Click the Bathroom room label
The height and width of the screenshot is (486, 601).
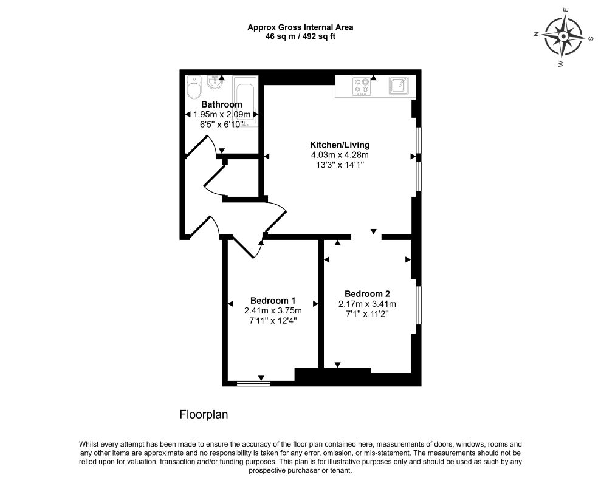coord(222,104)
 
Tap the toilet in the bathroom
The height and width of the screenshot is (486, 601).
coord(194,87)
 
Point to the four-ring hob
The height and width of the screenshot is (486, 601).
coord(362,86)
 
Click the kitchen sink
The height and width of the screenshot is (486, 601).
coord(399,85)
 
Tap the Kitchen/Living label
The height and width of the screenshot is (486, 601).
coord(340,145)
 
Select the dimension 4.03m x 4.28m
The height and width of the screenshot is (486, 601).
coord(340,155)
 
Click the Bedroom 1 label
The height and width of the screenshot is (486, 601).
coord(272,301)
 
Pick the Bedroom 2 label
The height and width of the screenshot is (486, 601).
coord(367,294)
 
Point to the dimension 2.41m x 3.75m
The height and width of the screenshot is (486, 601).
coord(272,310)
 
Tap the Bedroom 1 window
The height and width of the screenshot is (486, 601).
coord(253,383)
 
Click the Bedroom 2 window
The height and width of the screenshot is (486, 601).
coord(419,305)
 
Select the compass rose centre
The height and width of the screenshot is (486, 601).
coord(563,37)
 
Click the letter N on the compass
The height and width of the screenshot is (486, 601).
coord(537,34)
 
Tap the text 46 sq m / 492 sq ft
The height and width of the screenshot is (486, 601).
coord(300,37)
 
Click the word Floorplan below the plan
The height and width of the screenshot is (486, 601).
coord(204,415)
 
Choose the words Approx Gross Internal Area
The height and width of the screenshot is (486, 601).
coord(300,27)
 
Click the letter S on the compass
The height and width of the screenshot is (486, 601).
coord(591,38)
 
